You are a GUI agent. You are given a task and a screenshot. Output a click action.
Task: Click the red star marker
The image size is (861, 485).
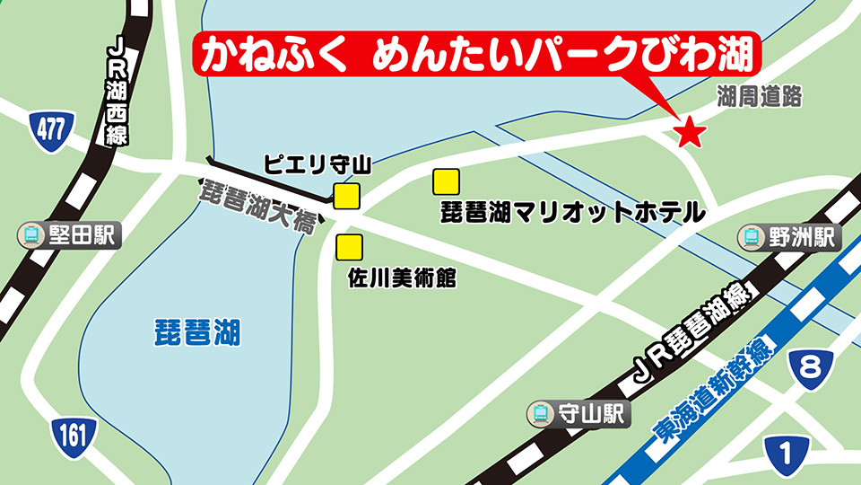pos(690,132)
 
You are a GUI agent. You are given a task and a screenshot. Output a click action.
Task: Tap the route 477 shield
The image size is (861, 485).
pos(48,129)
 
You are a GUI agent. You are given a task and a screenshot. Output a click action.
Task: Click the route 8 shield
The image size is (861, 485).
pos(810,367)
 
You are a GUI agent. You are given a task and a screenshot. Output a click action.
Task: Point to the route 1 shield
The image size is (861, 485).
pos(786,452)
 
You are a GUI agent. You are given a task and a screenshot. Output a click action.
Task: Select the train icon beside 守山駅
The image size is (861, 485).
pos(542,413)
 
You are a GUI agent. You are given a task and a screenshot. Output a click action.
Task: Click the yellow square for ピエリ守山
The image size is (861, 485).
pos(347,196)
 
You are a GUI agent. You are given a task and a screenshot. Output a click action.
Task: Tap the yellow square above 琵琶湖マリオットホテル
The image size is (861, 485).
pos(446,182)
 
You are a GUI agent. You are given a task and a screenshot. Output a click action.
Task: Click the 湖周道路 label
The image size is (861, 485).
pos(758,97)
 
